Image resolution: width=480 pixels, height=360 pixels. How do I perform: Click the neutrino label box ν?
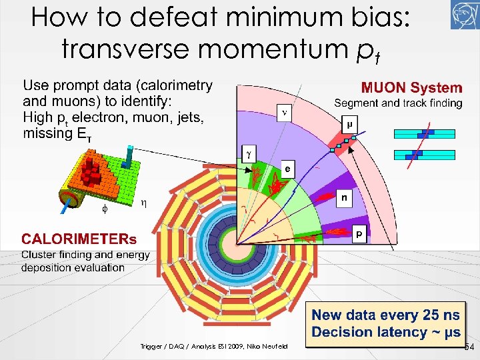coord(285,113)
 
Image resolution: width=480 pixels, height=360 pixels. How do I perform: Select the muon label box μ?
coord(349,124)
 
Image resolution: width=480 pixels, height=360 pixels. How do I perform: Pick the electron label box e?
coord(287,169)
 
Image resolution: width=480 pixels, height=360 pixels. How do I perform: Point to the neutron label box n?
coord(344,197)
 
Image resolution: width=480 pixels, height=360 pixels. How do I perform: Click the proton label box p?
coord(359,233)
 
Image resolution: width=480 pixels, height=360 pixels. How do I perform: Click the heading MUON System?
coord(411,88)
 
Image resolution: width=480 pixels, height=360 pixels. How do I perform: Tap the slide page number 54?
coord(469,347)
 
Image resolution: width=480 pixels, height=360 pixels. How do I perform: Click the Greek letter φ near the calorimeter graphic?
coord(103,208)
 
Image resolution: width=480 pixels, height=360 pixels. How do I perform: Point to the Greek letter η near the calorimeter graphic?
coord(144,202)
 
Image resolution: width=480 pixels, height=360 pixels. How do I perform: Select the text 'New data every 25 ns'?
coord(386,315)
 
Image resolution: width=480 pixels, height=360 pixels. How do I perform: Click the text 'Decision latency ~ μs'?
coord(386,332)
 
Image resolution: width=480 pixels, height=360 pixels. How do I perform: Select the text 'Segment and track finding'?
coord(398,103)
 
